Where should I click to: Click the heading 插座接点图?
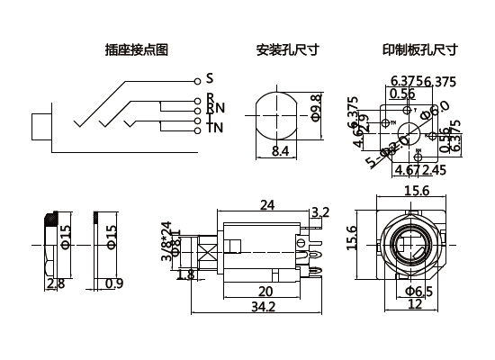coord(137,49)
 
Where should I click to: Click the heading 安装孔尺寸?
coord(287,49)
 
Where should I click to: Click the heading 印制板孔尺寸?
coord(420,49)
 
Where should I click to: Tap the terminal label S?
coord(209,77)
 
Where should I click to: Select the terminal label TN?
coord(215,128)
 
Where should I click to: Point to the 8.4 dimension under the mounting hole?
coord(280,152)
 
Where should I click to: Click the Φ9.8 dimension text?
coord(316,106)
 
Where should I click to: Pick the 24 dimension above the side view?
coord(267,205)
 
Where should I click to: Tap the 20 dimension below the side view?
coord(265,291)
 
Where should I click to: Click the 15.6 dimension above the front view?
coord(415,192)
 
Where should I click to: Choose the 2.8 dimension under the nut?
coord(55,284)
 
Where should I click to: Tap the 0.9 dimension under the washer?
coord(113,284)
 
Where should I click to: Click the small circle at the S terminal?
coord(196,78)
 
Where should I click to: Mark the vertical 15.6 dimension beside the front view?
coord(353,239)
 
